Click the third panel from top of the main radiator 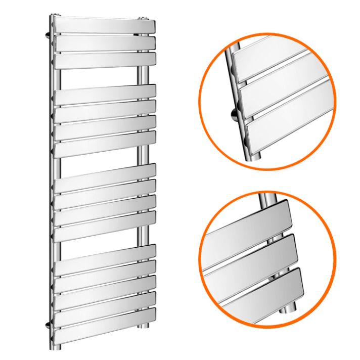coord(104,60)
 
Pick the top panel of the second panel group coord(104,95)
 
